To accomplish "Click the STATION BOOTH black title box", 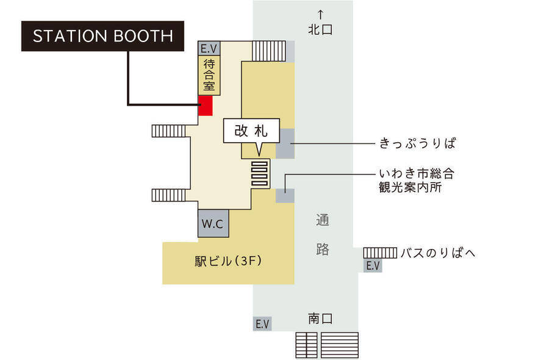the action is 102,36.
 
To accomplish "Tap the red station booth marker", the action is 206,106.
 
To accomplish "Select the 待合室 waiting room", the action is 209,75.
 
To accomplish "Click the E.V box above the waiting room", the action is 209,48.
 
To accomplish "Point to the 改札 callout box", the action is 251,131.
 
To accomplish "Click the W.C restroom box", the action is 213,223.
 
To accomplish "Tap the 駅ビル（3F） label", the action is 228,261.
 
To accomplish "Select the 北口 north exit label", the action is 320,30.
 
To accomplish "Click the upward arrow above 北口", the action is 320,15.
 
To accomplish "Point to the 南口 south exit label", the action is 320,319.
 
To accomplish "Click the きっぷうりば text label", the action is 418,143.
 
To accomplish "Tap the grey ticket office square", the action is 285,143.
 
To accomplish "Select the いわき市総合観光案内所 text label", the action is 417,181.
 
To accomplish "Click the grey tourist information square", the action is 285,196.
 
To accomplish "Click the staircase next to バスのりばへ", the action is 380,253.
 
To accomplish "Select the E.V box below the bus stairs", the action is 373,266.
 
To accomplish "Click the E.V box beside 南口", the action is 262,324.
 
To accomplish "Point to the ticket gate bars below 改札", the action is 260,174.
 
